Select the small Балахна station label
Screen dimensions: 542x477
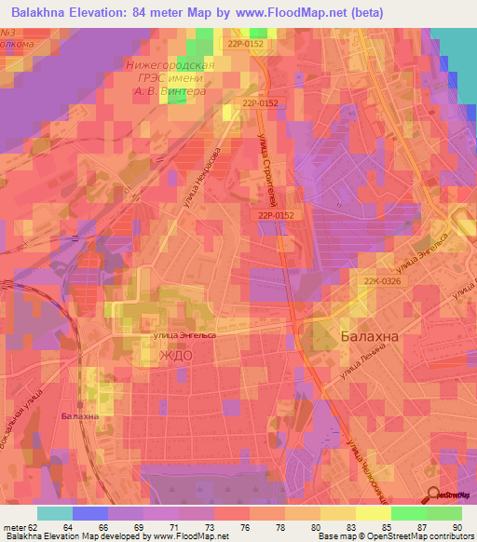(79, 416)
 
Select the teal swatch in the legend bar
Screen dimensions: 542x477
(54, 513)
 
